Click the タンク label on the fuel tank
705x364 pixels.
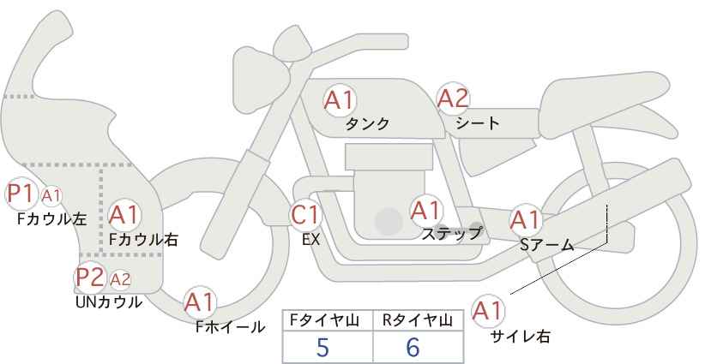367,123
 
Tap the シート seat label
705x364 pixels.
477,122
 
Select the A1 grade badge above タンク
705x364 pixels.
340,100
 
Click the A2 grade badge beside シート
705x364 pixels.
454,99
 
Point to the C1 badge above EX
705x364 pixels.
306,214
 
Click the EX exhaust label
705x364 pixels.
310,240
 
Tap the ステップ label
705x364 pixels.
452,232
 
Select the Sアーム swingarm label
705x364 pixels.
546,244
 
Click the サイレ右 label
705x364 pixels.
520,336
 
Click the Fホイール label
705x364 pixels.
231,326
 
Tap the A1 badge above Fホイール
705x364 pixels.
200,301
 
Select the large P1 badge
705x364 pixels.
20,194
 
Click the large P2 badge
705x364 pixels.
89,277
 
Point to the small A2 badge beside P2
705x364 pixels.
120,278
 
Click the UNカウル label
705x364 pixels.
108,301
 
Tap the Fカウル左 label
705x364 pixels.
51,218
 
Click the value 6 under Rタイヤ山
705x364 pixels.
413,348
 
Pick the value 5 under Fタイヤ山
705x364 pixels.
322,348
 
